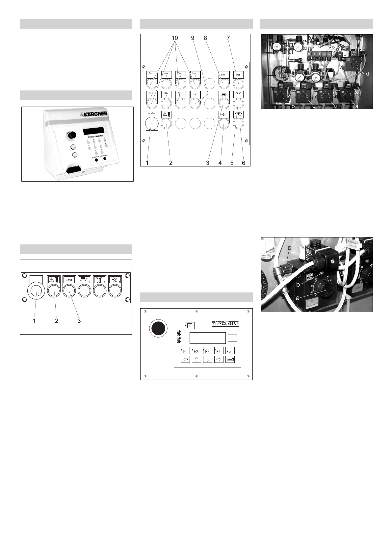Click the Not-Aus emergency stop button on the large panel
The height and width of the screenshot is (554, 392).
tap(152, 124)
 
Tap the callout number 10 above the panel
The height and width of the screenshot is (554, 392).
tap(174, 38)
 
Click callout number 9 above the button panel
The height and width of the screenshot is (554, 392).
tap(193, 38)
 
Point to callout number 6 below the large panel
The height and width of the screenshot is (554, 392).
tap(244, 163)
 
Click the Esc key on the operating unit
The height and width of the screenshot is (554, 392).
tap(230, 351)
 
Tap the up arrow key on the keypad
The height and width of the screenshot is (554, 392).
tap(196, 360)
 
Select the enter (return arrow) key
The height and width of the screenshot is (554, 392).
tap(230, 360)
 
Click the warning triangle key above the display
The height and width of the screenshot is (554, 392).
tap(190, 326)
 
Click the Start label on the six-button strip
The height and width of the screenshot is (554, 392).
tap(69, 280)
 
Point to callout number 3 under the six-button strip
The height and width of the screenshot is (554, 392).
tap(79, 320)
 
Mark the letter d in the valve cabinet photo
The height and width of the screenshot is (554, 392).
tap(367, 74)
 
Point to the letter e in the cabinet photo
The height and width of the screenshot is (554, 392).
tap(314, 106)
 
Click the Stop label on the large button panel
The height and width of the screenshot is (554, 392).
tap(238, 75)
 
